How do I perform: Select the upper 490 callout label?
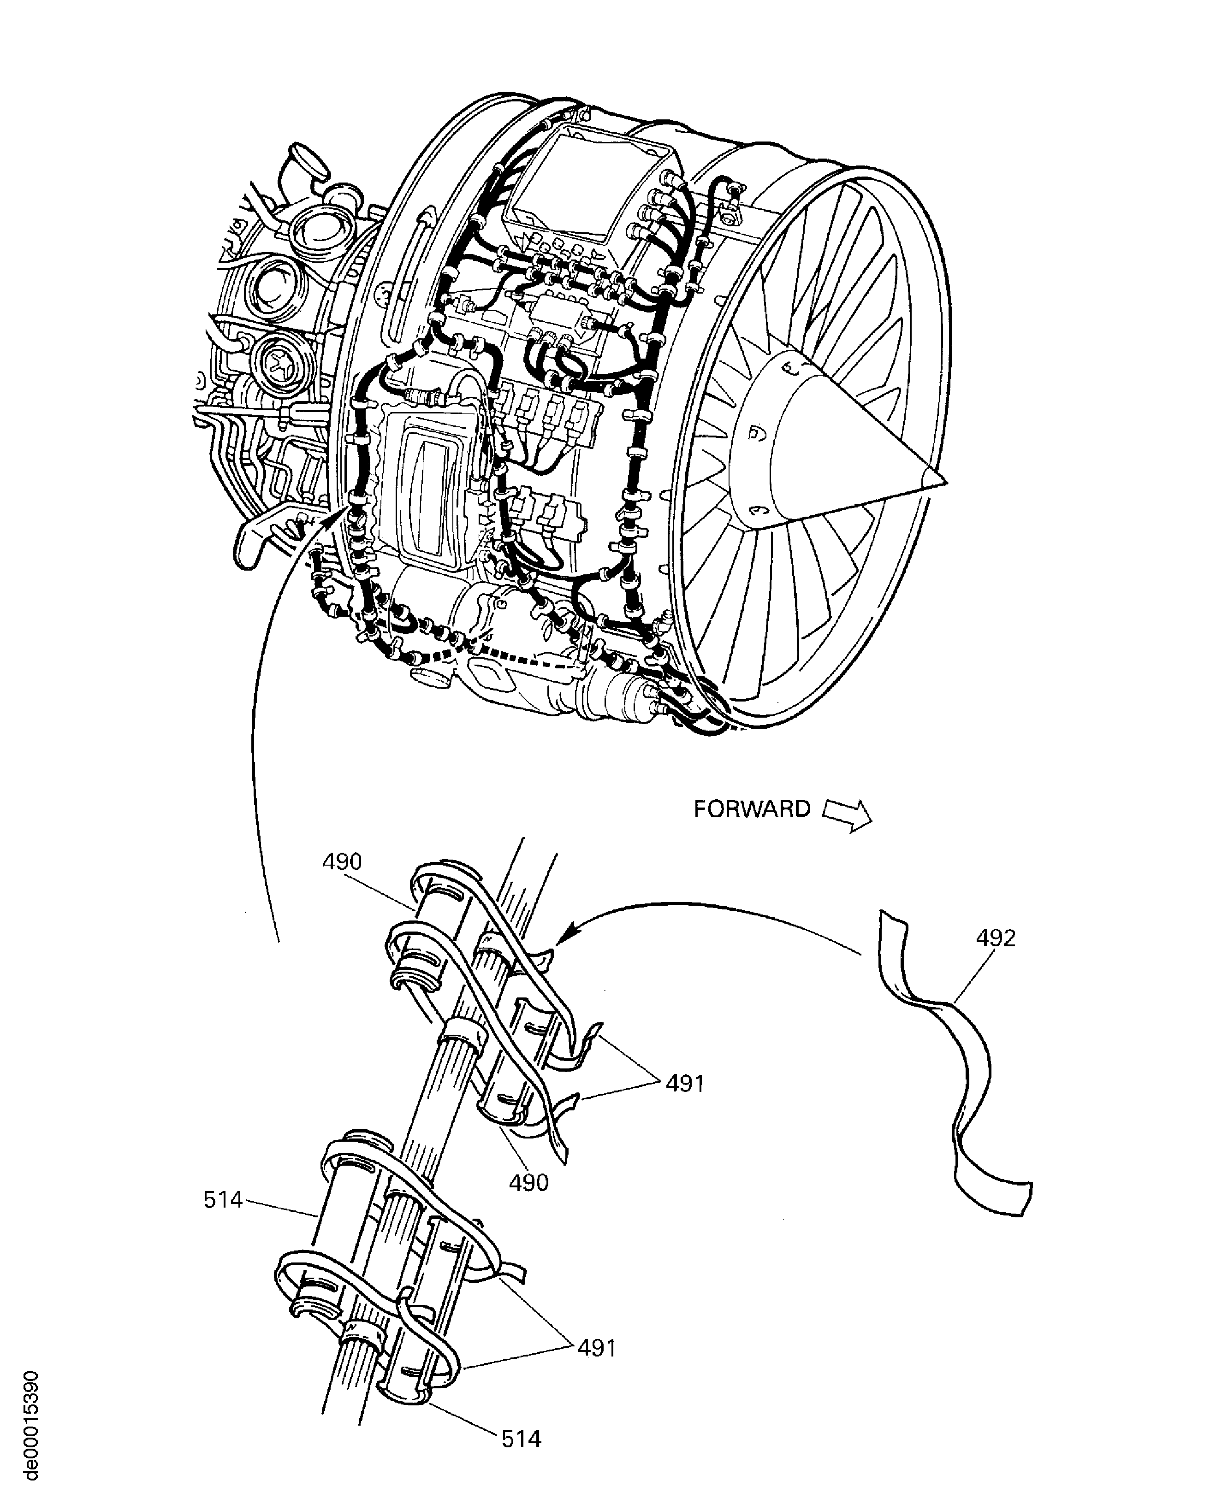(342, 862)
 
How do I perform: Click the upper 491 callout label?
(684, 1083)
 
